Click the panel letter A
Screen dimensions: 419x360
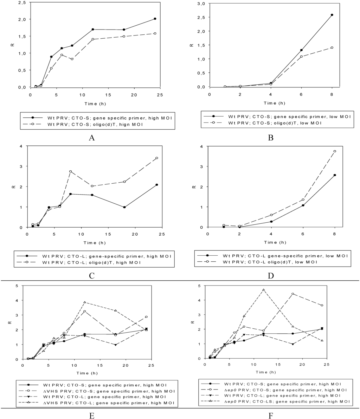click(92, 137)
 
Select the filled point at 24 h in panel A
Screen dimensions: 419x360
click(155, 19)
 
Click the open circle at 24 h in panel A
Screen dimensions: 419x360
click(155, 33)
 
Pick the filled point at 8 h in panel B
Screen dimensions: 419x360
click(332, 15)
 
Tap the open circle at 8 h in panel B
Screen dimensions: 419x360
click(332, 47)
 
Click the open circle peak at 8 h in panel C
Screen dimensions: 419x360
click(71, 171)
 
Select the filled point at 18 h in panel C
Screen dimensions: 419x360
click(124, 207)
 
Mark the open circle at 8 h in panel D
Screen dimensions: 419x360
click(335, 151)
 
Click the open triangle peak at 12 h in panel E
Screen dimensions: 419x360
click(84, 302)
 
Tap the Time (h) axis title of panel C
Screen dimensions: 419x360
click(94, 243)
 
